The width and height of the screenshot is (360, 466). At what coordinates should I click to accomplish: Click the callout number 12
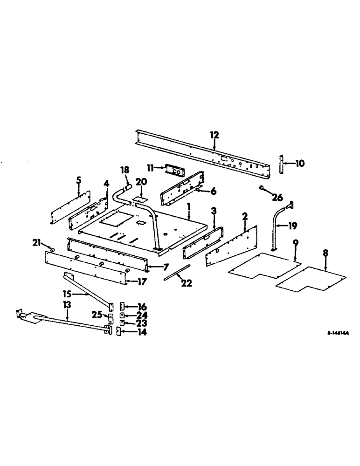pos(214,135)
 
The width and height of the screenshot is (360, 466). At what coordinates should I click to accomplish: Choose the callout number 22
pos(187,282)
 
